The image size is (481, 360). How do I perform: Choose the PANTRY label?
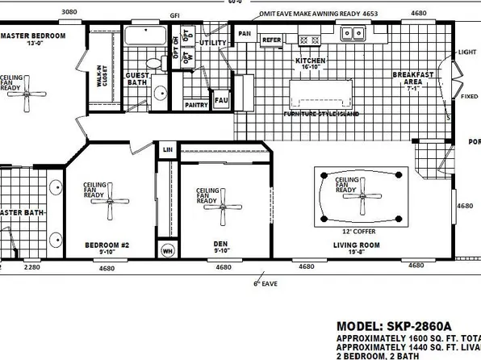(x=196, y=105)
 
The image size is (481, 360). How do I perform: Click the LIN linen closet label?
(x=168, y=150)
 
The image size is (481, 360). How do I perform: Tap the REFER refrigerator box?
(x=271, y=39)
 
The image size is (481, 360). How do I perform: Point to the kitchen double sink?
(x=351, y=35)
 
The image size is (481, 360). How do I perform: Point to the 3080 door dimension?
(x=69, y=13)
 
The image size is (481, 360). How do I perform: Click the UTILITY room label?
(x=214, y=44)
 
